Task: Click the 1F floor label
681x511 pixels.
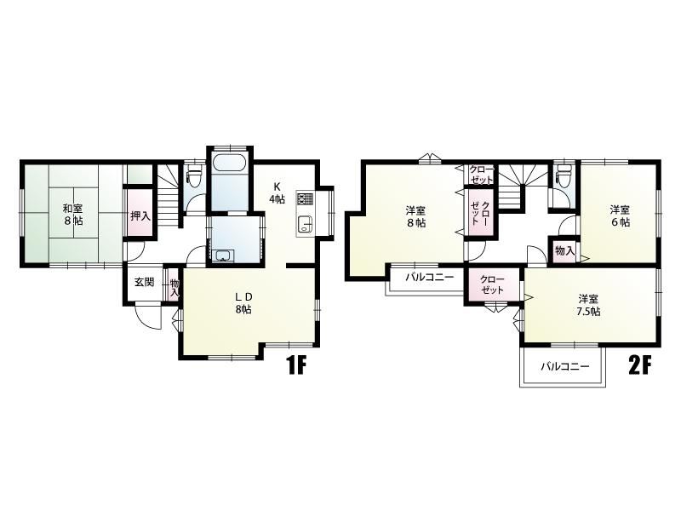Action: coord(296,366)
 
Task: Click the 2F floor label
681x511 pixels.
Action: coord(641,366)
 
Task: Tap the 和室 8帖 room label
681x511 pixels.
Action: coord(72,215)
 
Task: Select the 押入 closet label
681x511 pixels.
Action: coord(140,215)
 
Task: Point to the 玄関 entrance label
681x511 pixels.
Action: coord(144,282)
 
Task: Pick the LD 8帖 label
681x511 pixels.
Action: coord(243,303)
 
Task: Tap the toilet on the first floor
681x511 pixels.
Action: coord(194,177)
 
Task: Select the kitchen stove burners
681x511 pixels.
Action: coord(305,199)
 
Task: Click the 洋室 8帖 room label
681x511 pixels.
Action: coord(415,217)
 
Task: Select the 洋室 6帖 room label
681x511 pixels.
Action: coord(620,216)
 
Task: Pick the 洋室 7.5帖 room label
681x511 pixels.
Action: coord(589,305)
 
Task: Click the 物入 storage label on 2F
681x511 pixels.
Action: coord(565,250)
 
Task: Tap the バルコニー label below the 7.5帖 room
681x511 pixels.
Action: coord(564,366)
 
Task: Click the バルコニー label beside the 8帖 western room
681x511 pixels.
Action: coord(429,277)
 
